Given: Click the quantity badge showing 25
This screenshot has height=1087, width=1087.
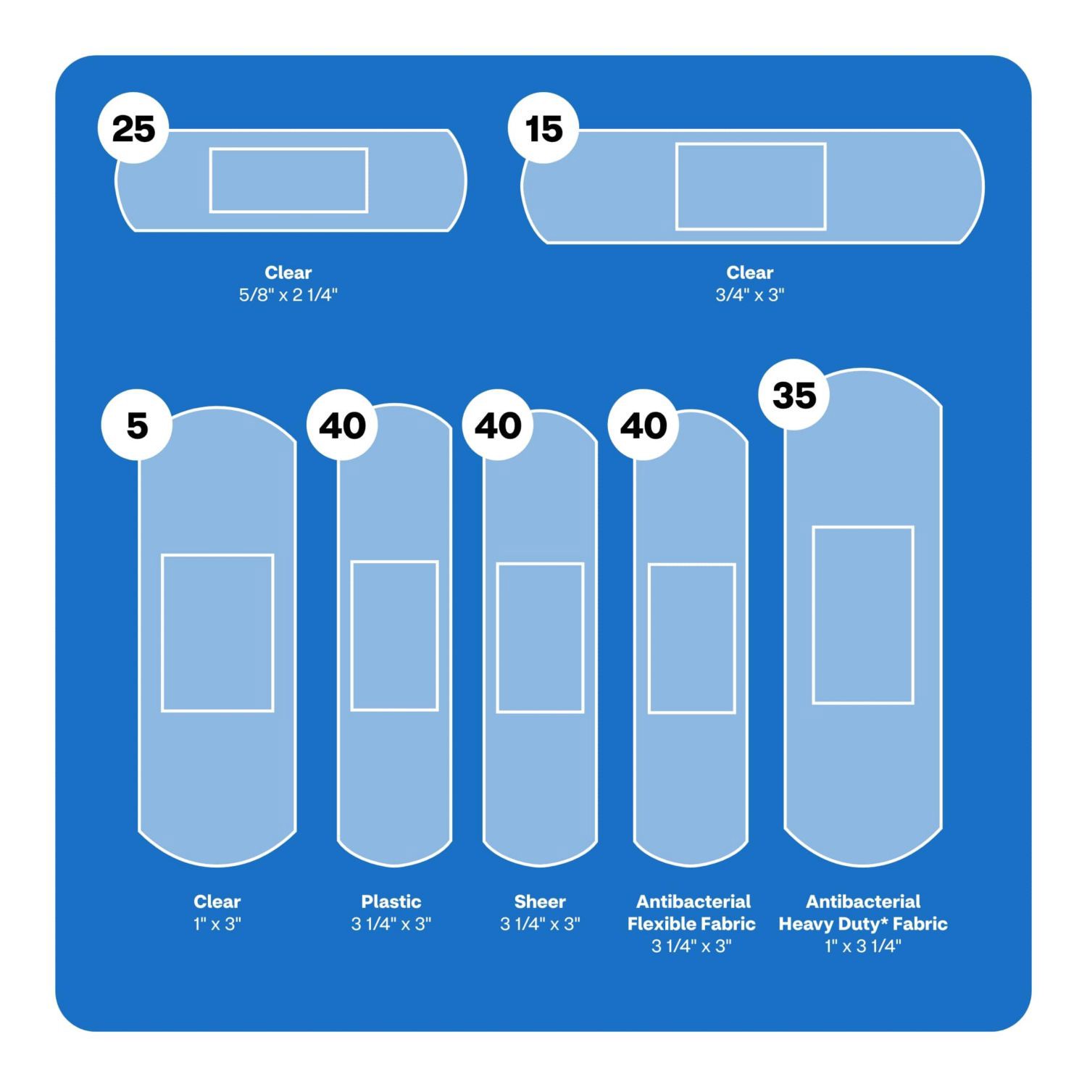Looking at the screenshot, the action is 133,128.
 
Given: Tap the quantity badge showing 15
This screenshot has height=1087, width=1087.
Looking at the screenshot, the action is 543,128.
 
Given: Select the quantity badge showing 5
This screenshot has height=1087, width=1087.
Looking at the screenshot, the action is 137,425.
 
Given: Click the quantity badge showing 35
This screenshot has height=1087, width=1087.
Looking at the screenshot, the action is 794,395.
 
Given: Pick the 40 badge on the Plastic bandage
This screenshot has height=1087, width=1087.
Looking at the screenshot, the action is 343,425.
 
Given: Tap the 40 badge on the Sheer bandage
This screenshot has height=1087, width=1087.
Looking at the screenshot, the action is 498,425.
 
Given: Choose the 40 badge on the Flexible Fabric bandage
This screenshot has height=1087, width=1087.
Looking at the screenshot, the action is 644,425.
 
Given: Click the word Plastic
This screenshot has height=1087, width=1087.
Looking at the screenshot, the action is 391,901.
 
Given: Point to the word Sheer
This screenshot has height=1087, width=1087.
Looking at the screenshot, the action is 540,901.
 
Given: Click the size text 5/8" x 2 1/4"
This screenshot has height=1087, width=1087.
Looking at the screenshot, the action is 288,295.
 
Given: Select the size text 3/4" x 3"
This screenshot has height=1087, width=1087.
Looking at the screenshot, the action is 750,295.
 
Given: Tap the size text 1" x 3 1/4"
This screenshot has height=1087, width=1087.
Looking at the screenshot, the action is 863,946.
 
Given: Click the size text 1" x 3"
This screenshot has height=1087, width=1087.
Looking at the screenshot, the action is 217,924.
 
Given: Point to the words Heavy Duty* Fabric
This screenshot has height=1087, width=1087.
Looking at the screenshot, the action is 863,924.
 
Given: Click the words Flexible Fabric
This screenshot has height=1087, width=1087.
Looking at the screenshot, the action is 691,924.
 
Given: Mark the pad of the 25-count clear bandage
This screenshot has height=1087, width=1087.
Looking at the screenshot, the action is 288,180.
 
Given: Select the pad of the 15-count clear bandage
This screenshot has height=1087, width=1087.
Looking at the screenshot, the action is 751,186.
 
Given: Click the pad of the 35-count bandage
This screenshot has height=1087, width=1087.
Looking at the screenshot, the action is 863,615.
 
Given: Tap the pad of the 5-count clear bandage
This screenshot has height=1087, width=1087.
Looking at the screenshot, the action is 217,633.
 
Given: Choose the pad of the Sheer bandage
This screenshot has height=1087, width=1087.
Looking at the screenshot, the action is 540,638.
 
